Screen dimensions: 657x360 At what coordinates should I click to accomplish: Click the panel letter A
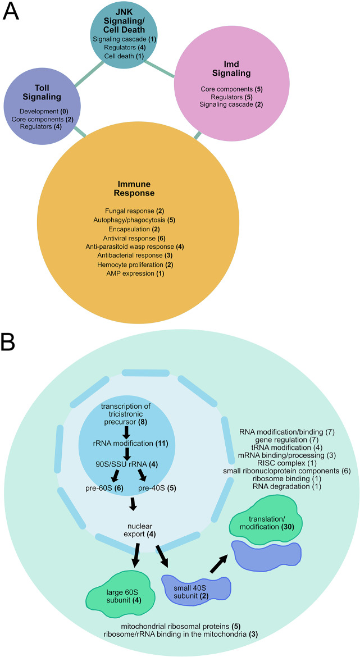(x=12, y=12)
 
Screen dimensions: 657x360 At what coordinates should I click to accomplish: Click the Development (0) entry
(x=35, y=111)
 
